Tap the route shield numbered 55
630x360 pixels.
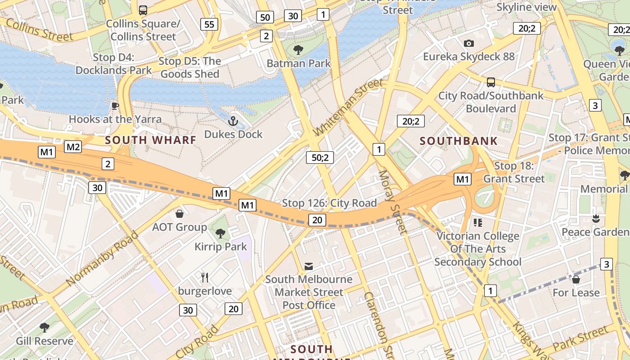pyautogui.click(x=209, y=24)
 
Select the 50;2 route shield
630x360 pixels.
pyautogui.click(x=320, y=157)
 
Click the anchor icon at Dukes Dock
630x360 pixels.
pyautogui.click(x=233, y=121)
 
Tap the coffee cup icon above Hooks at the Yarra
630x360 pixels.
pyautogui.click(x=115, y=106)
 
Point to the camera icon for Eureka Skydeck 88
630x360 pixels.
pyautogui.click(x=469, y=43)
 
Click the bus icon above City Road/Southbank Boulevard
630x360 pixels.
pyautogui.click(x=491, y=82)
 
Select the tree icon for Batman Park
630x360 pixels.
pyautogui.click(x=298, y=49)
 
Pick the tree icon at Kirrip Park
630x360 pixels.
pyautogui.click(x=220, y=233)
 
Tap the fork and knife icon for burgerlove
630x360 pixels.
pyautogui.click(x=205, y=277)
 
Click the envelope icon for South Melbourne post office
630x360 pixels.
pyautogui.click(x=309, y=266)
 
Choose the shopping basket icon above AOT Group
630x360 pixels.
pyautogui.click(x=180, y=213)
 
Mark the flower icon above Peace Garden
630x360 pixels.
pyautogui.click(x=596, y=219)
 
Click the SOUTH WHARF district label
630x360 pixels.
pyautogui.click(x=151, y=140)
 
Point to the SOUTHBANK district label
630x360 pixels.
pyautogui.click(x=459, y=141)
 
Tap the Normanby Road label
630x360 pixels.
pyautogui.click(x=102, y=259)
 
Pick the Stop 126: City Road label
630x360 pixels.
pyautogui.click(x=329, y=203)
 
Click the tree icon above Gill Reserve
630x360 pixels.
pyautogui.click(x=44, y=327)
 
